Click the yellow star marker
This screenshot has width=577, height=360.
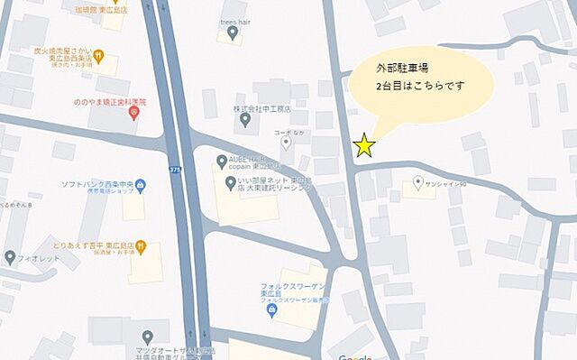point(364,145)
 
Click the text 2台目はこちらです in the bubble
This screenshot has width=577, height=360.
point(422,88)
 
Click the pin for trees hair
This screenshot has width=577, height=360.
point(234,33)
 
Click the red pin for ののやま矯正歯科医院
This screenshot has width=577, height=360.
point(134,113)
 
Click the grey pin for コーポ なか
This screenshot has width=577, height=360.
point(287,143)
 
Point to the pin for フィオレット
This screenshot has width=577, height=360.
point(11,256)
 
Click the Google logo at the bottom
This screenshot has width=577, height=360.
point(356,356)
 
